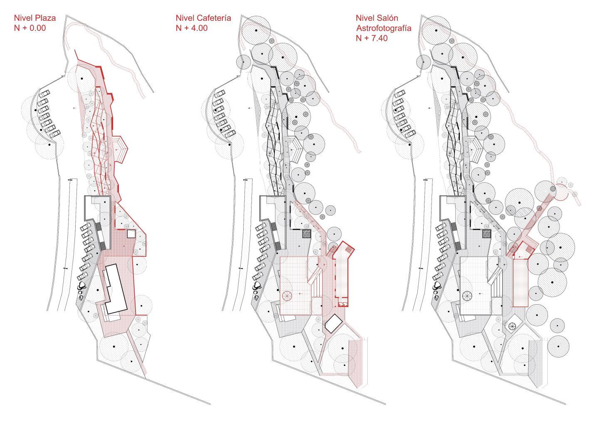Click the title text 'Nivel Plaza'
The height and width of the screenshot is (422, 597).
35,18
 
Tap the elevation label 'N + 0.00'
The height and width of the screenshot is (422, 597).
30,28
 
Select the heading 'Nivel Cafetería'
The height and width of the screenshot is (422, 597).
203,18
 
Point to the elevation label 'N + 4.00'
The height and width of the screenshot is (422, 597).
192,28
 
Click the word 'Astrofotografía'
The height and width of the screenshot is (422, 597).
383,28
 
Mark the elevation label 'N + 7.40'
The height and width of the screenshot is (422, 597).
371,38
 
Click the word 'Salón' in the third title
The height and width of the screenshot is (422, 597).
388,18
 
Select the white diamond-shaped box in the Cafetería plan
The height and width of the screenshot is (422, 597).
333,323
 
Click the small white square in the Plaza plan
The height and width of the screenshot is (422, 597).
131,234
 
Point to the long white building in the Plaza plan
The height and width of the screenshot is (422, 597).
116,288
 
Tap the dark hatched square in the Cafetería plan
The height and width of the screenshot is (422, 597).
307,234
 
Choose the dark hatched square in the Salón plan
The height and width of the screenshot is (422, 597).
487,234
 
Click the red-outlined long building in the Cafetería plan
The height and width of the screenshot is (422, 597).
342,275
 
